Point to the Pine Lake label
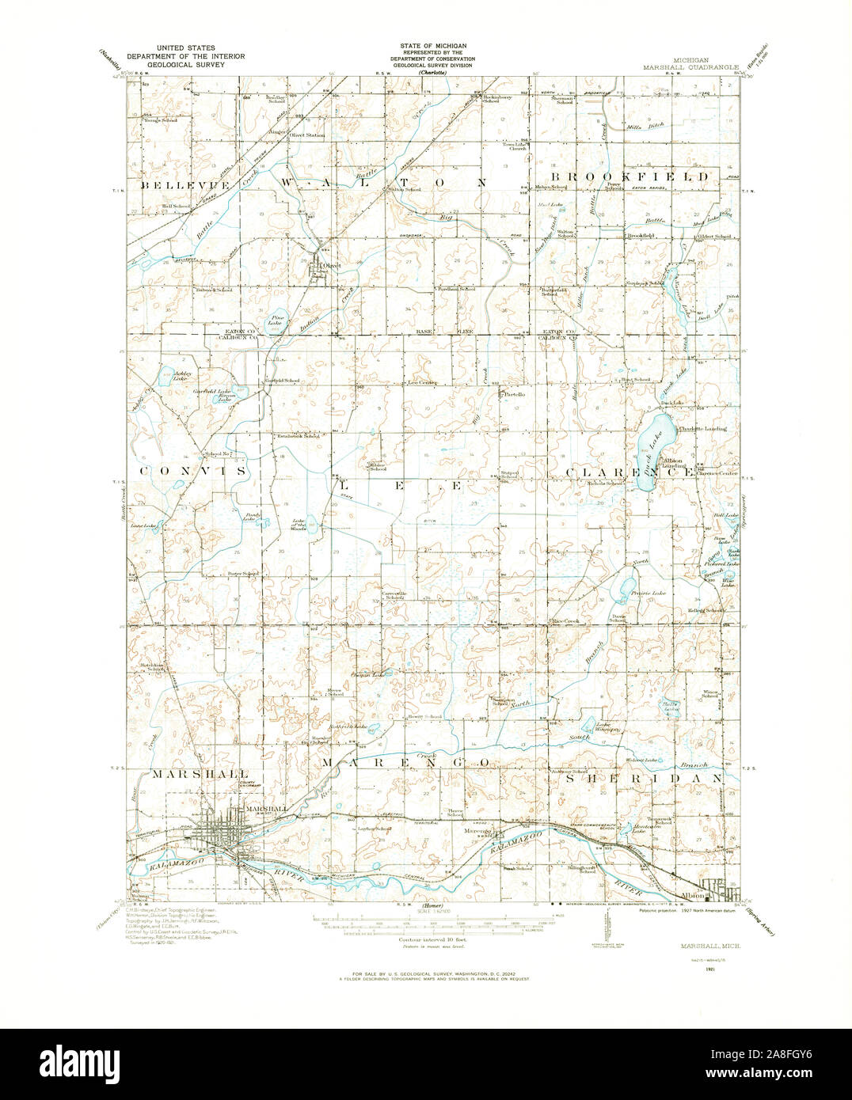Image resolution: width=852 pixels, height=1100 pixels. tap(276, 321)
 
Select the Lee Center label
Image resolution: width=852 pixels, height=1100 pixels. tap(423, 383)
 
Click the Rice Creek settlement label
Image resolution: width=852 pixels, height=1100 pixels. tap(567, 621)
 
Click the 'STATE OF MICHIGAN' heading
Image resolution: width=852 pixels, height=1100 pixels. tap(432, 49)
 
